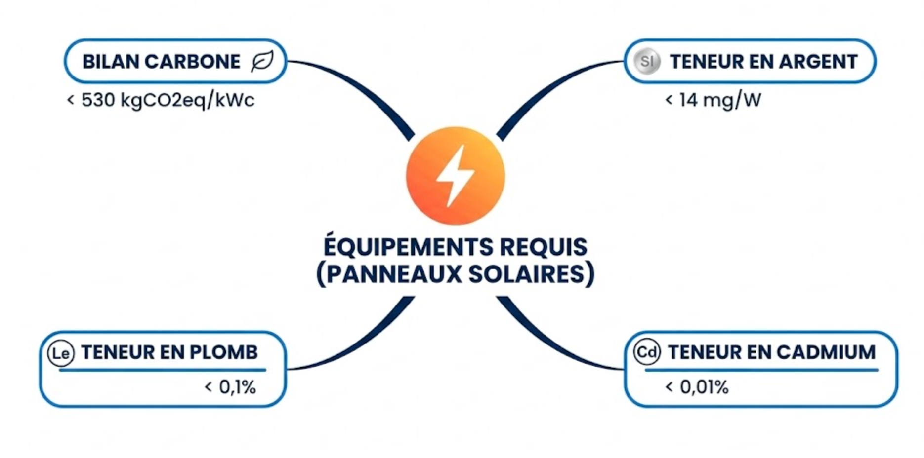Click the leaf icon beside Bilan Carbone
click(x=262, y=62)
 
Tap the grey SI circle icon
click(x=647, y=62)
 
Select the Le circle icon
click(x=61, y=353)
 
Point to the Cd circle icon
click(x=646, y=352)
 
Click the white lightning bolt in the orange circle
click(x=455, y=175)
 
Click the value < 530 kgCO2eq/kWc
click(x=161, y=100)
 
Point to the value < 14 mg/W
click(x=713, y=100)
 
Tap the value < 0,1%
click(x=230, y=387)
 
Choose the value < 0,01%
click(x=697, y=387)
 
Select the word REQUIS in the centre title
click(x=544, y=247)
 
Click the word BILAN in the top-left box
click(x=110, y=62)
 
